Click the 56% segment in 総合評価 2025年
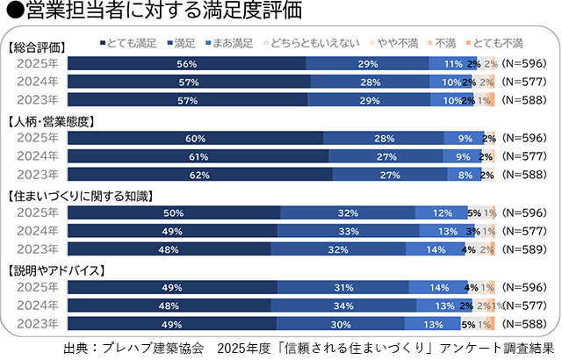pyautogui.click(x=186, y=63)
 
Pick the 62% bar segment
pyautogui.click(x=199, y=174)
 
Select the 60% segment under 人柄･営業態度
pyautogui.click(x=195, y=138)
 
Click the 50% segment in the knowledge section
pyautogui.click(x=173, y=212)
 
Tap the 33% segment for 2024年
pyautogui.click(x=347, y=231)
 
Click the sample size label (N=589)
pyautogui.click(x=523, y=249)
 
